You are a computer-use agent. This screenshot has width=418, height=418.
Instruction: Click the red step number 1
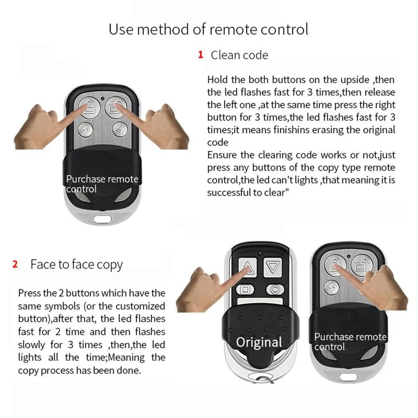pos(201,55)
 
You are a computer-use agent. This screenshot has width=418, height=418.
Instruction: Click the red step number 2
pos(15,265)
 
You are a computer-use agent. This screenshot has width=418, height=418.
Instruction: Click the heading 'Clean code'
pos(239,55)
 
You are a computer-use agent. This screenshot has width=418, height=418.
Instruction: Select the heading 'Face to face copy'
pos(76,265)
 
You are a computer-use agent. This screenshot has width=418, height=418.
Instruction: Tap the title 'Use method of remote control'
pos(209,29)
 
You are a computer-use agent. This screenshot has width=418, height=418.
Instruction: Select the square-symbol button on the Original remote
pos(245,289)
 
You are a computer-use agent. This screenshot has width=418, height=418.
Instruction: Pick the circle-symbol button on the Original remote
pos(275,289)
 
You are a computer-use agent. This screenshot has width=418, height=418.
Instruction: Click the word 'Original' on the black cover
pos(259,342)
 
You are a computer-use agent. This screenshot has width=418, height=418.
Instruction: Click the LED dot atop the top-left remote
pos(102,99)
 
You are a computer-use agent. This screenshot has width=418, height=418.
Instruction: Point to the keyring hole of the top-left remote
pos(102,219)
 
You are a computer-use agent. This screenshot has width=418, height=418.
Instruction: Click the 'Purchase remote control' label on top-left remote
pos(102,184)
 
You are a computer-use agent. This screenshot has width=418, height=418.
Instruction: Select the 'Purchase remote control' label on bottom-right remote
pos(350,342)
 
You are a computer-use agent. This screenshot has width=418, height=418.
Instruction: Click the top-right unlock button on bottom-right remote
pos(360,264)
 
